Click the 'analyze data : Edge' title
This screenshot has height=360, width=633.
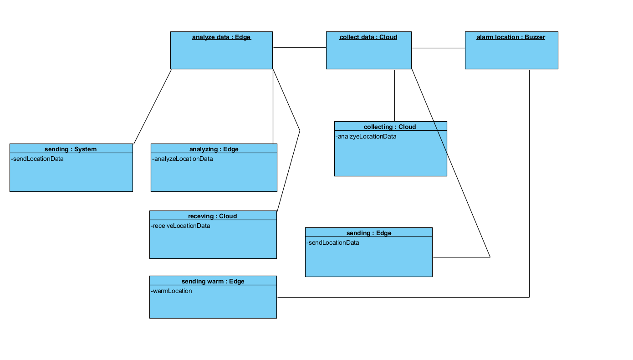tap(221, 37)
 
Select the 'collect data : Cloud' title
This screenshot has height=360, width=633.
tap(368, 37)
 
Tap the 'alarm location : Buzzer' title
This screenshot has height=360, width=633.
tap(510, 37)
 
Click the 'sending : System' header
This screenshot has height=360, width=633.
tap(71, 149)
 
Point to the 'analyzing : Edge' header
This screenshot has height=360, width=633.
tap(214, 149)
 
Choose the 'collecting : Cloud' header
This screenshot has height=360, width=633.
tap(390, 127)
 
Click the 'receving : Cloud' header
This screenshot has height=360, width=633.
tap(212, 216)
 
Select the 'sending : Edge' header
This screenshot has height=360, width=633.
tap(368, 233)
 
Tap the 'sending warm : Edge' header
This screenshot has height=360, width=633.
tap(213, 281)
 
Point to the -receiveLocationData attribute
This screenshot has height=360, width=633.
tap(180, 226)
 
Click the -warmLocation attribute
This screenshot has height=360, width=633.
tap(171, 291)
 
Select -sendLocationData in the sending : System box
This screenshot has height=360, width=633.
tap(37, 159)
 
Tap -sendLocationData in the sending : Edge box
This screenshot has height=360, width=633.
tap(332, 242)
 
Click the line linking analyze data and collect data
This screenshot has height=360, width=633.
tap(299, 47)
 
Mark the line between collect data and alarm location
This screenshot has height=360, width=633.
tap(438, 48)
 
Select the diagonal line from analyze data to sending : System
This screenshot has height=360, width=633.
tap(153, 107)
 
